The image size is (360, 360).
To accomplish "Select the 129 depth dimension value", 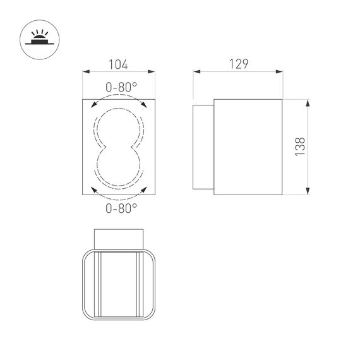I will pos(237,64).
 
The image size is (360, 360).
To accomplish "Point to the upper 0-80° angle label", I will pos(119,88).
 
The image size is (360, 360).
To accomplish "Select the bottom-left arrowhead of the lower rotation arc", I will pos(93,189).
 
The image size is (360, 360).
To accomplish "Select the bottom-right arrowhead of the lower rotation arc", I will pos(145,189).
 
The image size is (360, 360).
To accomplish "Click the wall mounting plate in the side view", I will pos(204,147).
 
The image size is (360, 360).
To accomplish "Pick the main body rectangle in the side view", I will pos(248,147).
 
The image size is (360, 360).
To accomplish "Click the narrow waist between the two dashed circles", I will pos(119,147).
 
